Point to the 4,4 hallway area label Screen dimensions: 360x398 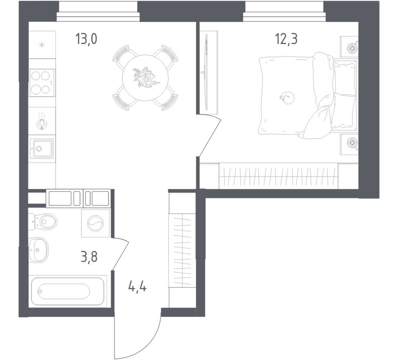(137, 285)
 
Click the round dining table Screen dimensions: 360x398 (145, 78)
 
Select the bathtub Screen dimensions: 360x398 (68, 291)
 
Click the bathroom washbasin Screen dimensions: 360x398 (39, 250)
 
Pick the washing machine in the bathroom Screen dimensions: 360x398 (95, 223)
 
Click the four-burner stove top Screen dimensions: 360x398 (42, 83)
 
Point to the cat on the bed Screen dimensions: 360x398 (287, 97)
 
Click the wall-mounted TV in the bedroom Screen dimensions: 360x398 (207, 73)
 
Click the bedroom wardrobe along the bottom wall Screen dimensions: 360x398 (278, 176)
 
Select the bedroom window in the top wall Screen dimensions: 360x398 (284, 12)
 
